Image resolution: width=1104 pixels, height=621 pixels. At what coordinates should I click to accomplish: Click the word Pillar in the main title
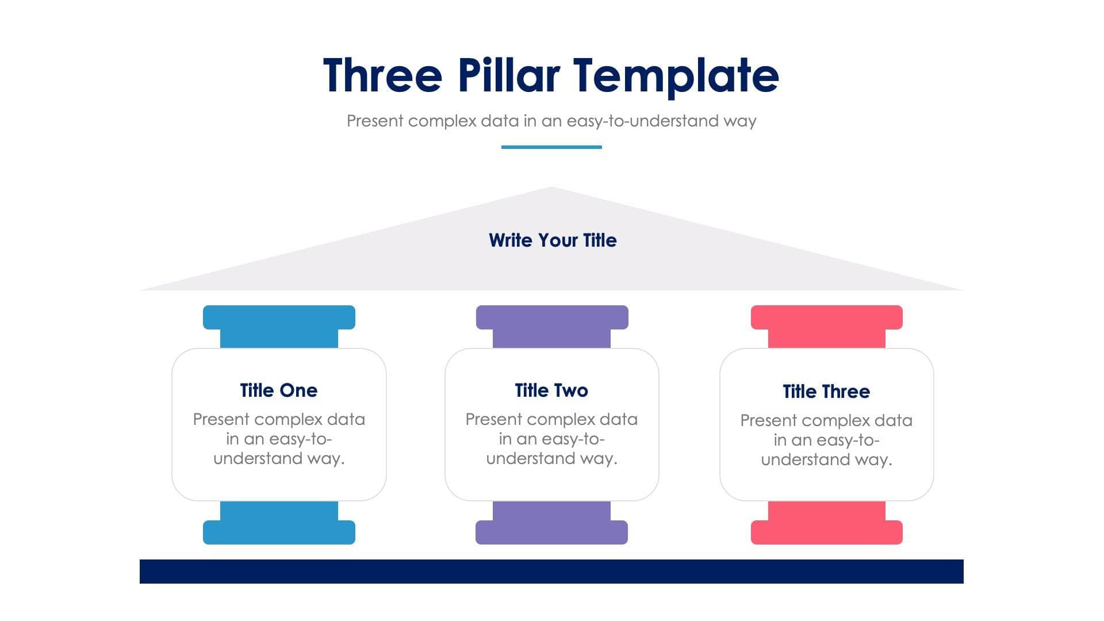(x=508, y=75)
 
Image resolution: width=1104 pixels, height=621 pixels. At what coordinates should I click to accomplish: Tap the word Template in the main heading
(x=676, y=75)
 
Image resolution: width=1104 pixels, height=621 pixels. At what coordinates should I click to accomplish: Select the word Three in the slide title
(x=382, y=75)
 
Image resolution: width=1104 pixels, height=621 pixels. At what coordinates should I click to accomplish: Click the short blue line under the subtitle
(x=551, y=147)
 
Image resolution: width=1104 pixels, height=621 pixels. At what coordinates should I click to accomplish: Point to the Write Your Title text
(x=553, y=240)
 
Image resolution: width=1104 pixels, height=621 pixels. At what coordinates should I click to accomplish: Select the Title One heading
(x=279, y=390)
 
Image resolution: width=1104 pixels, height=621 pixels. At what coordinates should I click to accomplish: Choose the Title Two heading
(x=551, y=390)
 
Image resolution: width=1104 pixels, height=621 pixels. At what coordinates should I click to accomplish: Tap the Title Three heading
(x=826, y=392)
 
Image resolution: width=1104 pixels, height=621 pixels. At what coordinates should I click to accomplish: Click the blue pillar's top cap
(x=279, y=317)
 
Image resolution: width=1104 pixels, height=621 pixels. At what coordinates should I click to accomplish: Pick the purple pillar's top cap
(x=552, y=317)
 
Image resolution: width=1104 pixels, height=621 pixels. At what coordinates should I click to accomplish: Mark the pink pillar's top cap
(x=826, y=317)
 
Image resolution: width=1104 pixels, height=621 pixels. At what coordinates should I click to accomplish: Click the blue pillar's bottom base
(x=279, y=532)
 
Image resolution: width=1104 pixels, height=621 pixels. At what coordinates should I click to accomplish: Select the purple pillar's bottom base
(x=551, y=532)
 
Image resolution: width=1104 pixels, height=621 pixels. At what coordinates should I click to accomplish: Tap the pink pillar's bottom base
(x=826, y=532)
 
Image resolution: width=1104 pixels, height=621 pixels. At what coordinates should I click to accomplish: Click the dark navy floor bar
(x=551, y=572)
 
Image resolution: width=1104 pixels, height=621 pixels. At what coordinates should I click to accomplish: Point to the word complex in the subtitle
(x=442, y=121)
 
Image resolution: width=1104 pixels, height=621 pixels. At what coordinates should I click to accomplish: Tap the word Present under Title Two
(x=494, y=420)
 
